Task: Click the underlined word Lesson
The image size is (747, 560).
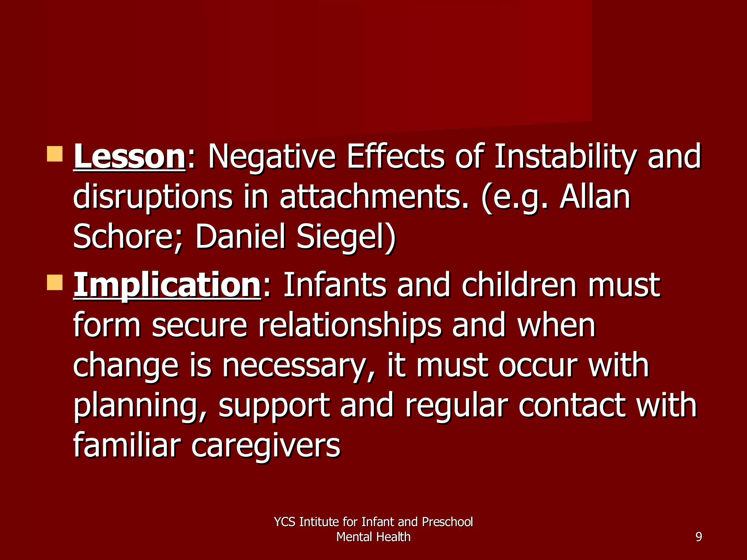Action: [x=129, y=157]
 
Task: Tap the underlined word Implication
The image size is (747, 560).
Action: [x=167, y=285]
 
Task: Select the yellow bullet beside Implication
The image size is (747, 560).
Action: [x=55, y=283]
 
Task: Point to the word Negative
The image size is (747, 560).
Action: [x=271, y=157]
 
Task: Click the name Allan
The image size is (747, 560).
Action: [x=595, y=197]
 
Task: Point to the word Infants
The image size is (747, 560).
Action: [x=334, y=285]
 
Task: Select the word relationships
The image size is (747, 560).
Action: [x=350, y=326]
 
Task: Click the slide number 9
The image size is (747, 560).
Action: [x=698, y=537]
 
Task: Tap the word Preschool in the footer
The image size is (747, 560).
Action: [x=447, y=522]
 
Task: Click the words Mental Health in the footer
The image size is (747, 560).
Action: [x=373, y=537]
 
